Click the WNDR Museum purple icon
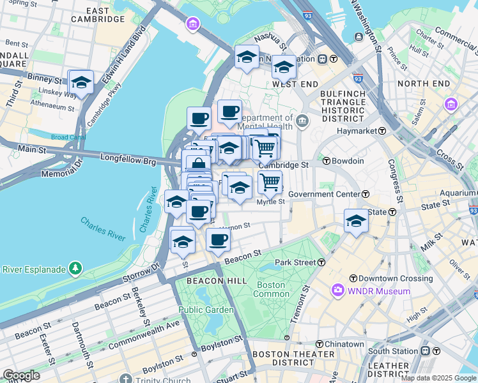337,291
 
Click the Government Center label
325,194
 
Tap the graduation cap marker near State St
356,221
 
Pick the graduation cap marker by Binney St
81,82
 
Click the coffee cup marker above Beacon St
218,240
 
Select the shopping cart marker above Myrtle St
270,182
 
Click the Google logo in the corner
20,375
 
